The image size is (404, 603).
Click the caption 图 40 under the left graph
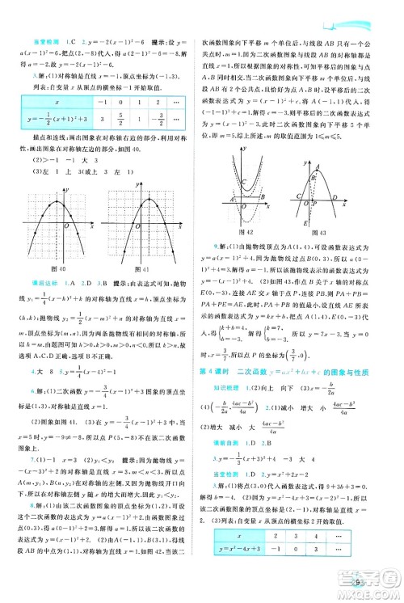tap(59, 268)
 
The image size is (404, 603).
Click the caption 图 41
tap(147, 268)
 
